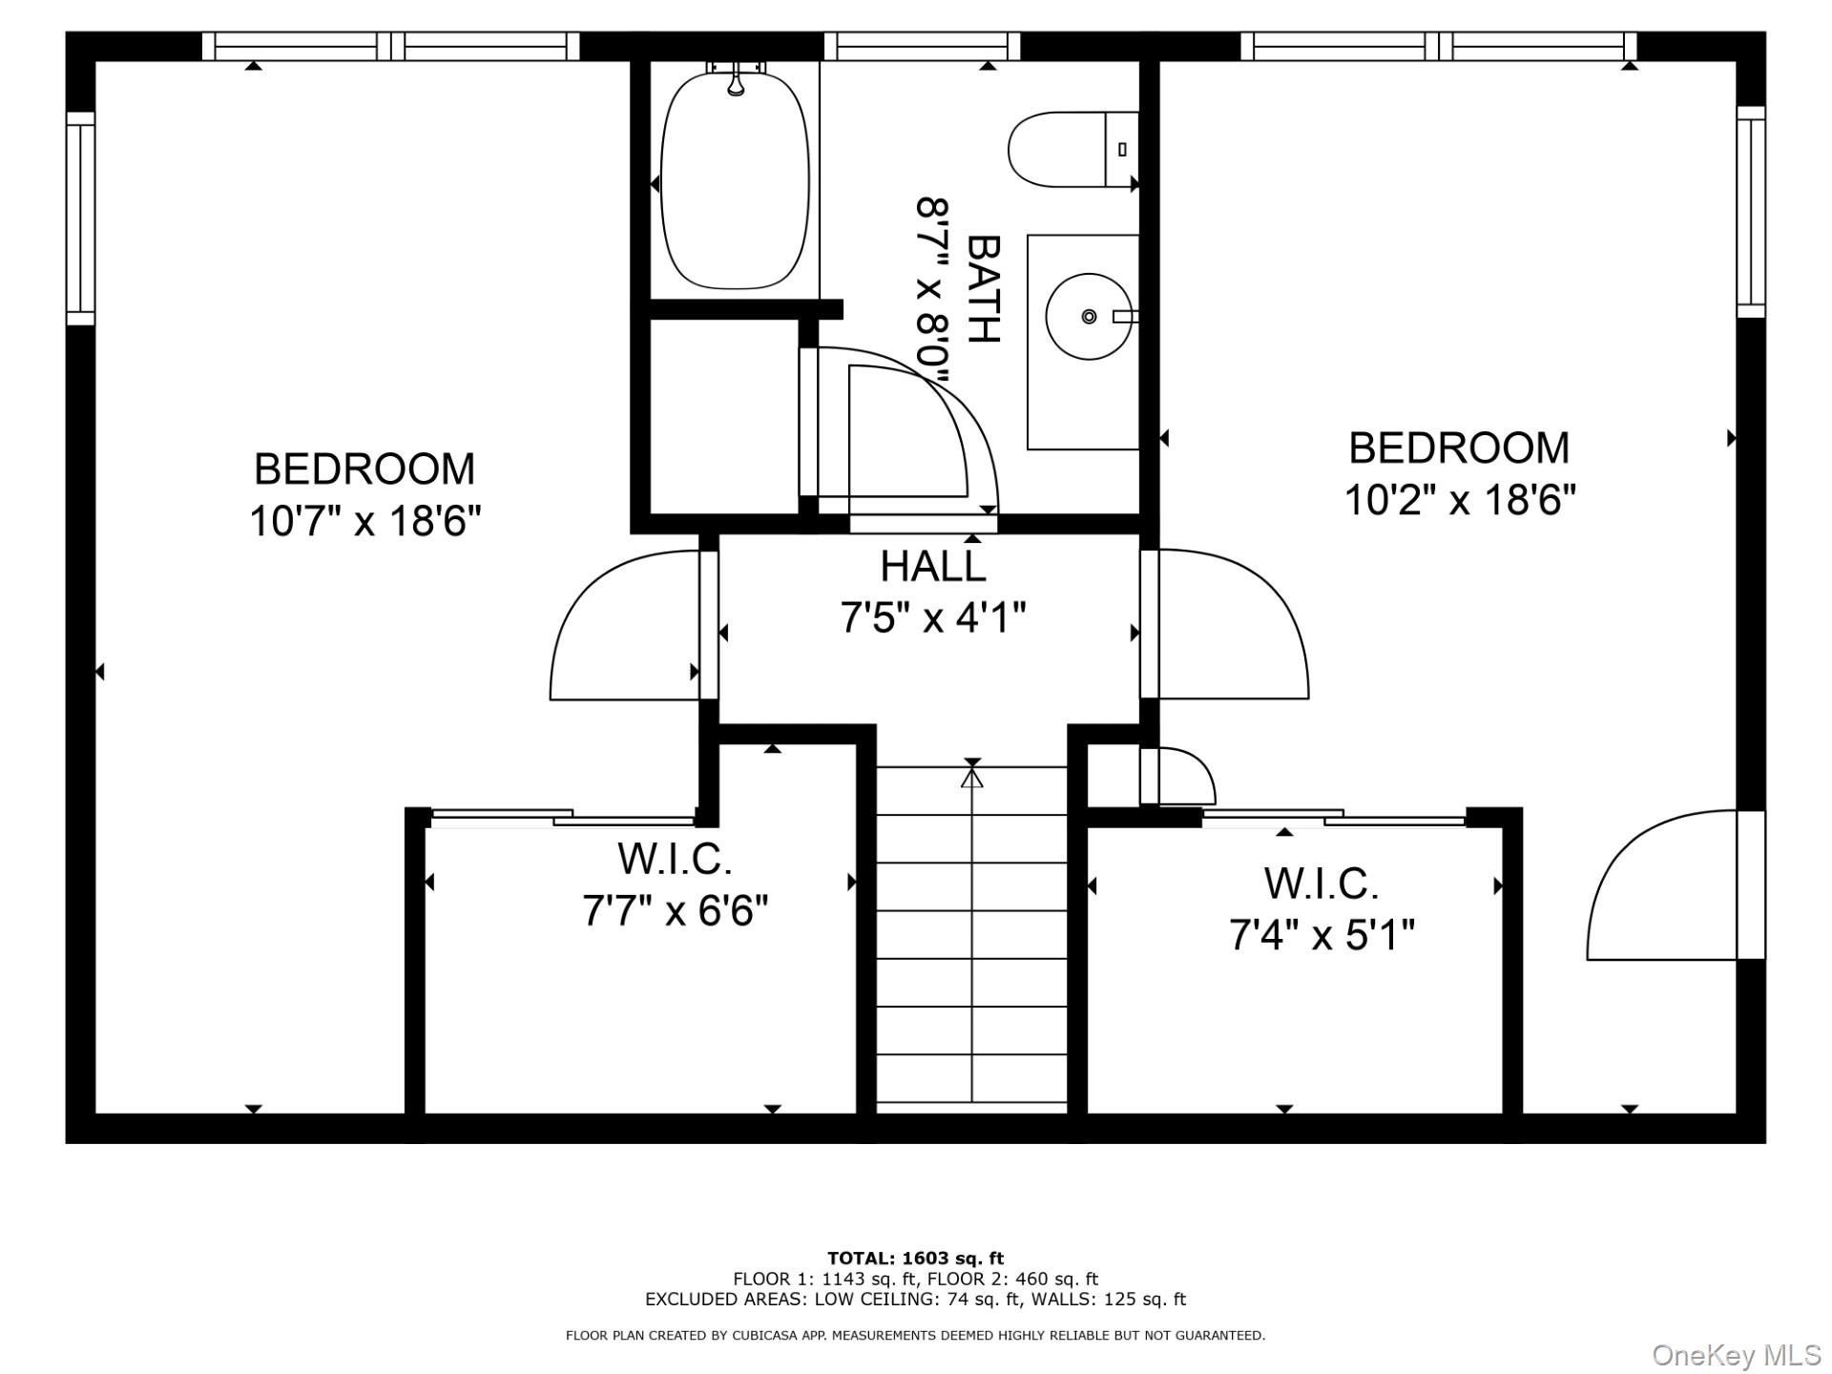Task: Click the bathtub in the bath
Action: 735,180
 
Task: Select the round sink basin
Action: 1089,316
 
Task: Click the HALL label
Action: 932,566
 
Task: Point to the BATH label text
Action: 984,288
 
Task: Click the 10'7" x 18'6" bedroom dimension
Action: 364,521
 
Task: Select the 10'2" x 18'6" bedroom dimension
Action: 1460,499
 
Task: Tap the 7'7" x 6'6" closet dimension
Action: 675,910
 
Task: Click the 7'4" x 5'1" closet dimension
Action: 1322,934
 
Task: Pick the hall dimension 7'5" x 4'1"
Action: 932,618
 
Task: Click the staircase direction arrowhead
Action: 971,778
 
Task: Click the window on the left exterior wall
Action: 80,218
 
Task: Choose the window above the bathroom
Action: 922,46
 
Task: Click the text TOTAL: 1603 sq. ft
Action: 915,1258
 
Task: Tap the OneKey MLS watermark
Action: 1736,1355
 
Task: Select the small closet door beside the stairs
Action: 1178,776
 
